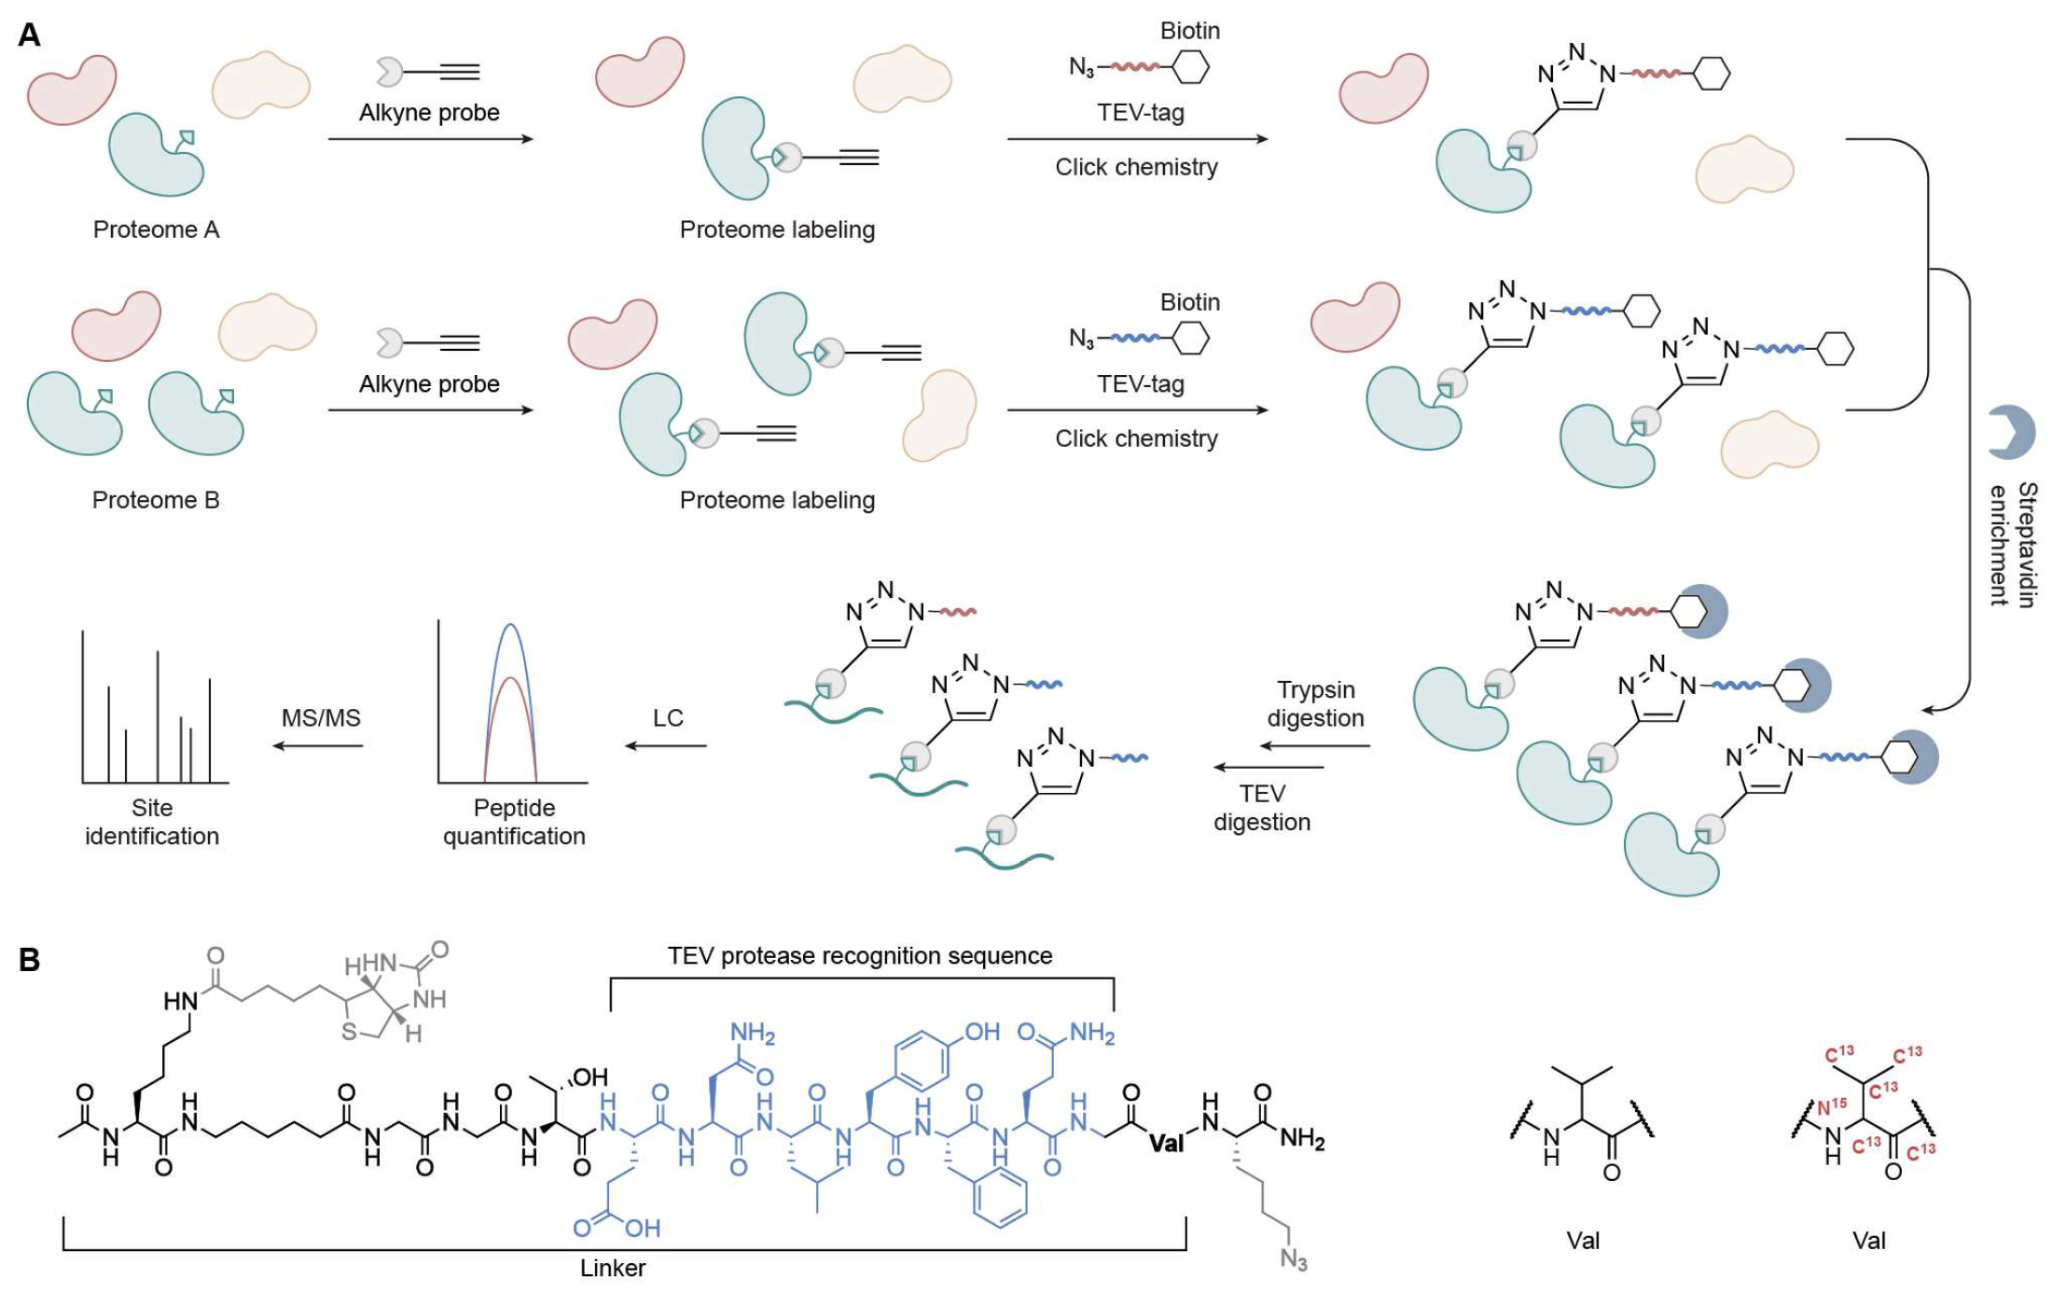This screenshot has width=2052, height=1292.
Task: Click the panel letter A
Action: coord(29,35)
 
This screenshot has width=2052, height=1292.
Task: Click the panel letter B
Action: coord(29,960)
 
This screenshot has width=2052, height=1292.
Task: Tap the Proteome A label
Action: coord(156,229)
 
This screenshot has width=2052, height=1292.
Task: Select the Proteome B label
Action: coord(156,500)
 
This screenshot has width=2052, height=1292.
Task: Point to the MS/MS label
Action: coord(321,717)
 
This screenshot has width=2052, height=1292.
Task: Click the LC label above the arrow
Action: coord(668,717)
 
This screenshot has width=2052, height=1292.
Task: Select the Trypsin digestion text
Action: coord(1315,703)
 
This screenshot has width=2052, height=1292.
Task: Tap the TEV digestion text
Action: coord(1262,807)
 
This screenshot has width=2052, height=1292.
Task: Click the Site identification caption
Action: coord(152,822)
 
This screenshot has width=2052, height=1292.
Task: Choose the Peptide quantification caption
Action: coord(514,822)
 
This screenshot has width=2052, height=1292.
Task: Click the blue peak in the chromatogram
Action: coord(509,626)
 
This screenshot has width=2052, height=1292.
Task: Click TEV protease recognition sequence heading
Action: coord(859,956)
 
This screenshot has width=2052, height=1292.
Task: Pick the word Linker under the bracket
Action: coord(613,1269)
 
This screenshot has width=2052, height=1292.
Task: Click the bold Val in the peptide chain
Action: coord(1166,1144)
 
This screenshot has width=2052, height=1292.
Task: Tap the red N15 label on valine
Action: coord(1831,1106)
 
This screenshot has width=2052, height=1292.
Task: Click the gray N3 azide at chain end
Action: coord(1293,1259)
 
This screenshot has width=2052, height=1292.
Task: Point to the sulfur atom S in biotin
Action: coord(349,1032)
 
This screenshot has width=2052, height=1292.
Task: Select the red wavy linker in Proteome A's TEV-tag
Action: coord(1134,67)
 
